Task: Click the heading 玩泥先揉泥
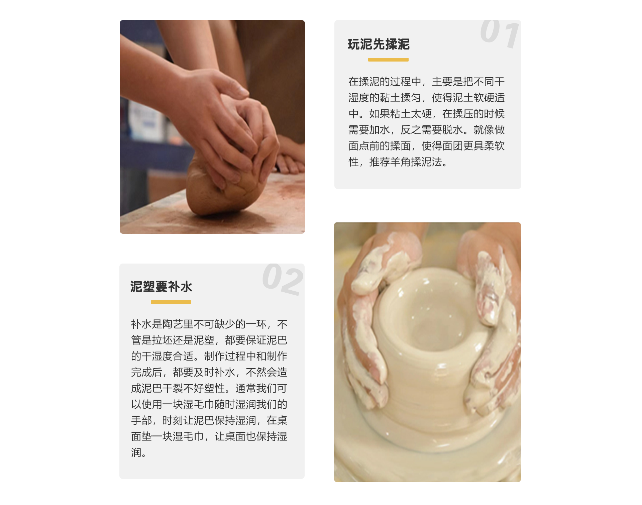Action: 379,44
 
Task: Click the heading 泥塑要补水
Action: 161,287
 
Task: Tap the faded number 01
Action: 500,33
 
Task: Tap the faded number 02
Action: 283,279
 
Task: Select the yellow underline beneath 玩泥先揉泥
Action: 388,60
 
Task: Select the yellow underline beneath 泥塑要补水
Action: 171,302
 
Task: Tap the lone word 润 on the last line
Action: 136,452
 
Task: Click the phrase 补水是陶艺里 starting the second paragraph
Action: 162,324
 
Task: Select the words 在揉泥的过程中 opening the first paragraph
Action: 385,82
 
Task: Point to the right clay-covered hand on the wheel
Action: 492,321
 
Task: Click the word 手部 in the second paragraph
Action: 141,420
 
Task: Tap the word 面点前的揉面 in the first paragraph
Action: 380,146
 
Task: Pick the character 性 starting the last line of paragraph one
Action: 353,162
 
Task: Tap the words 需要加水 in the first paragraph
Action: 369,130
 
